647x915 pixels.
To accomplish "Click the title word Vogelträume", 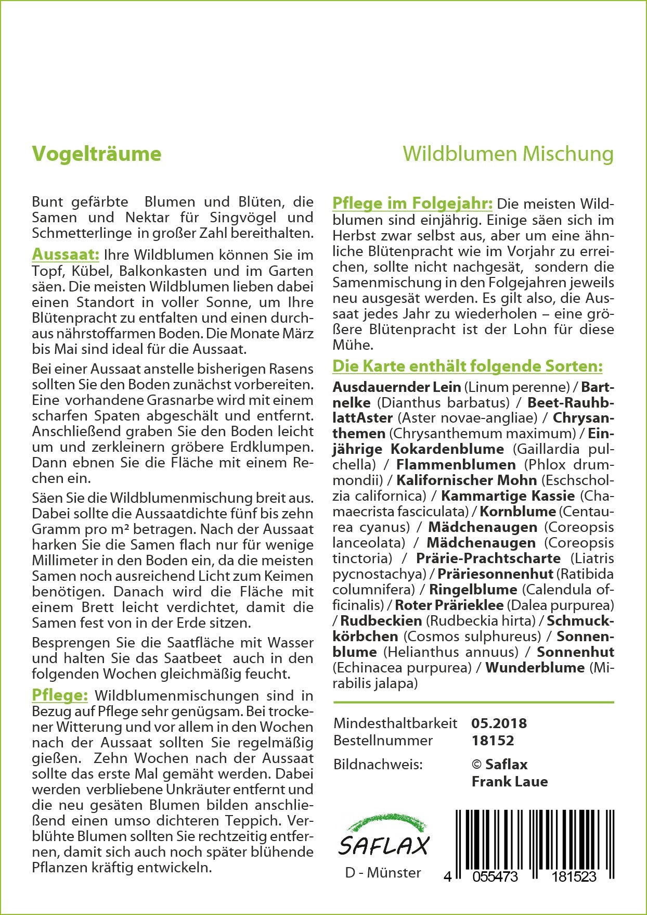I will click(97, 154).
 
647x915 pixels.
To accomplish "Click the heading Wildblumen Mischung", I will click(508, 154).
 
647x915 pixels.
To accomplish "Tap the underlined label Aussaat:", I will click(66, 255).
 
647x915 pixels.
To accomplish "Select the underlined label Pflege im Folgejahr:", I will click(412, 203).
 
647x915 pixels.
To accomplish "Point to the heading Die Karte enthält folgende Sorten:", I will click(467, 366).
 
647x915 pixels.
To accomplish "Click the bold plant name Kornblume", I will click(517, 512).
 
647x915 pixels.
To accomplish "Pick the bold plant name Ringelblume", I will click(473, 590).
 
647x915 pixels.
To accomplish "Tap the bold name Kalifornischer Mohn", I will click(467, 480).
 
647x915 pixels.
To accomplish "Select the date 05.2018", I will click(499, 723).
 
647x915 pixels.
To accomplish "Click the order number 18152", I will click(493, 740).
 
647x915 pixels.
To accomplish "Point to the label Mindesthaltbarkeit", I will click(395, 723).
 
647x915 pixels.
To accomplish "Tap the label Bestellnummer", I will click(383, 740).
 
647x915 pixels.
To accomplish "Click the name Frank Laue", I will click(510, 781).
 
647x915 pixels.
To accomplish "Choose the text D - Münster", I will click(383, 872).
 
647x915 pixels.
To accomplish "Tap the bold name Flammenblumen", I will click(456, 465).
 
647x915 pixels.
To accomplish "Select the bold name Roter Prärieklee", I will click(449, 605).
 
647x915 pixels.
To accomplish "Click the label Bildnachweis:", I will click(378, 764).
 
